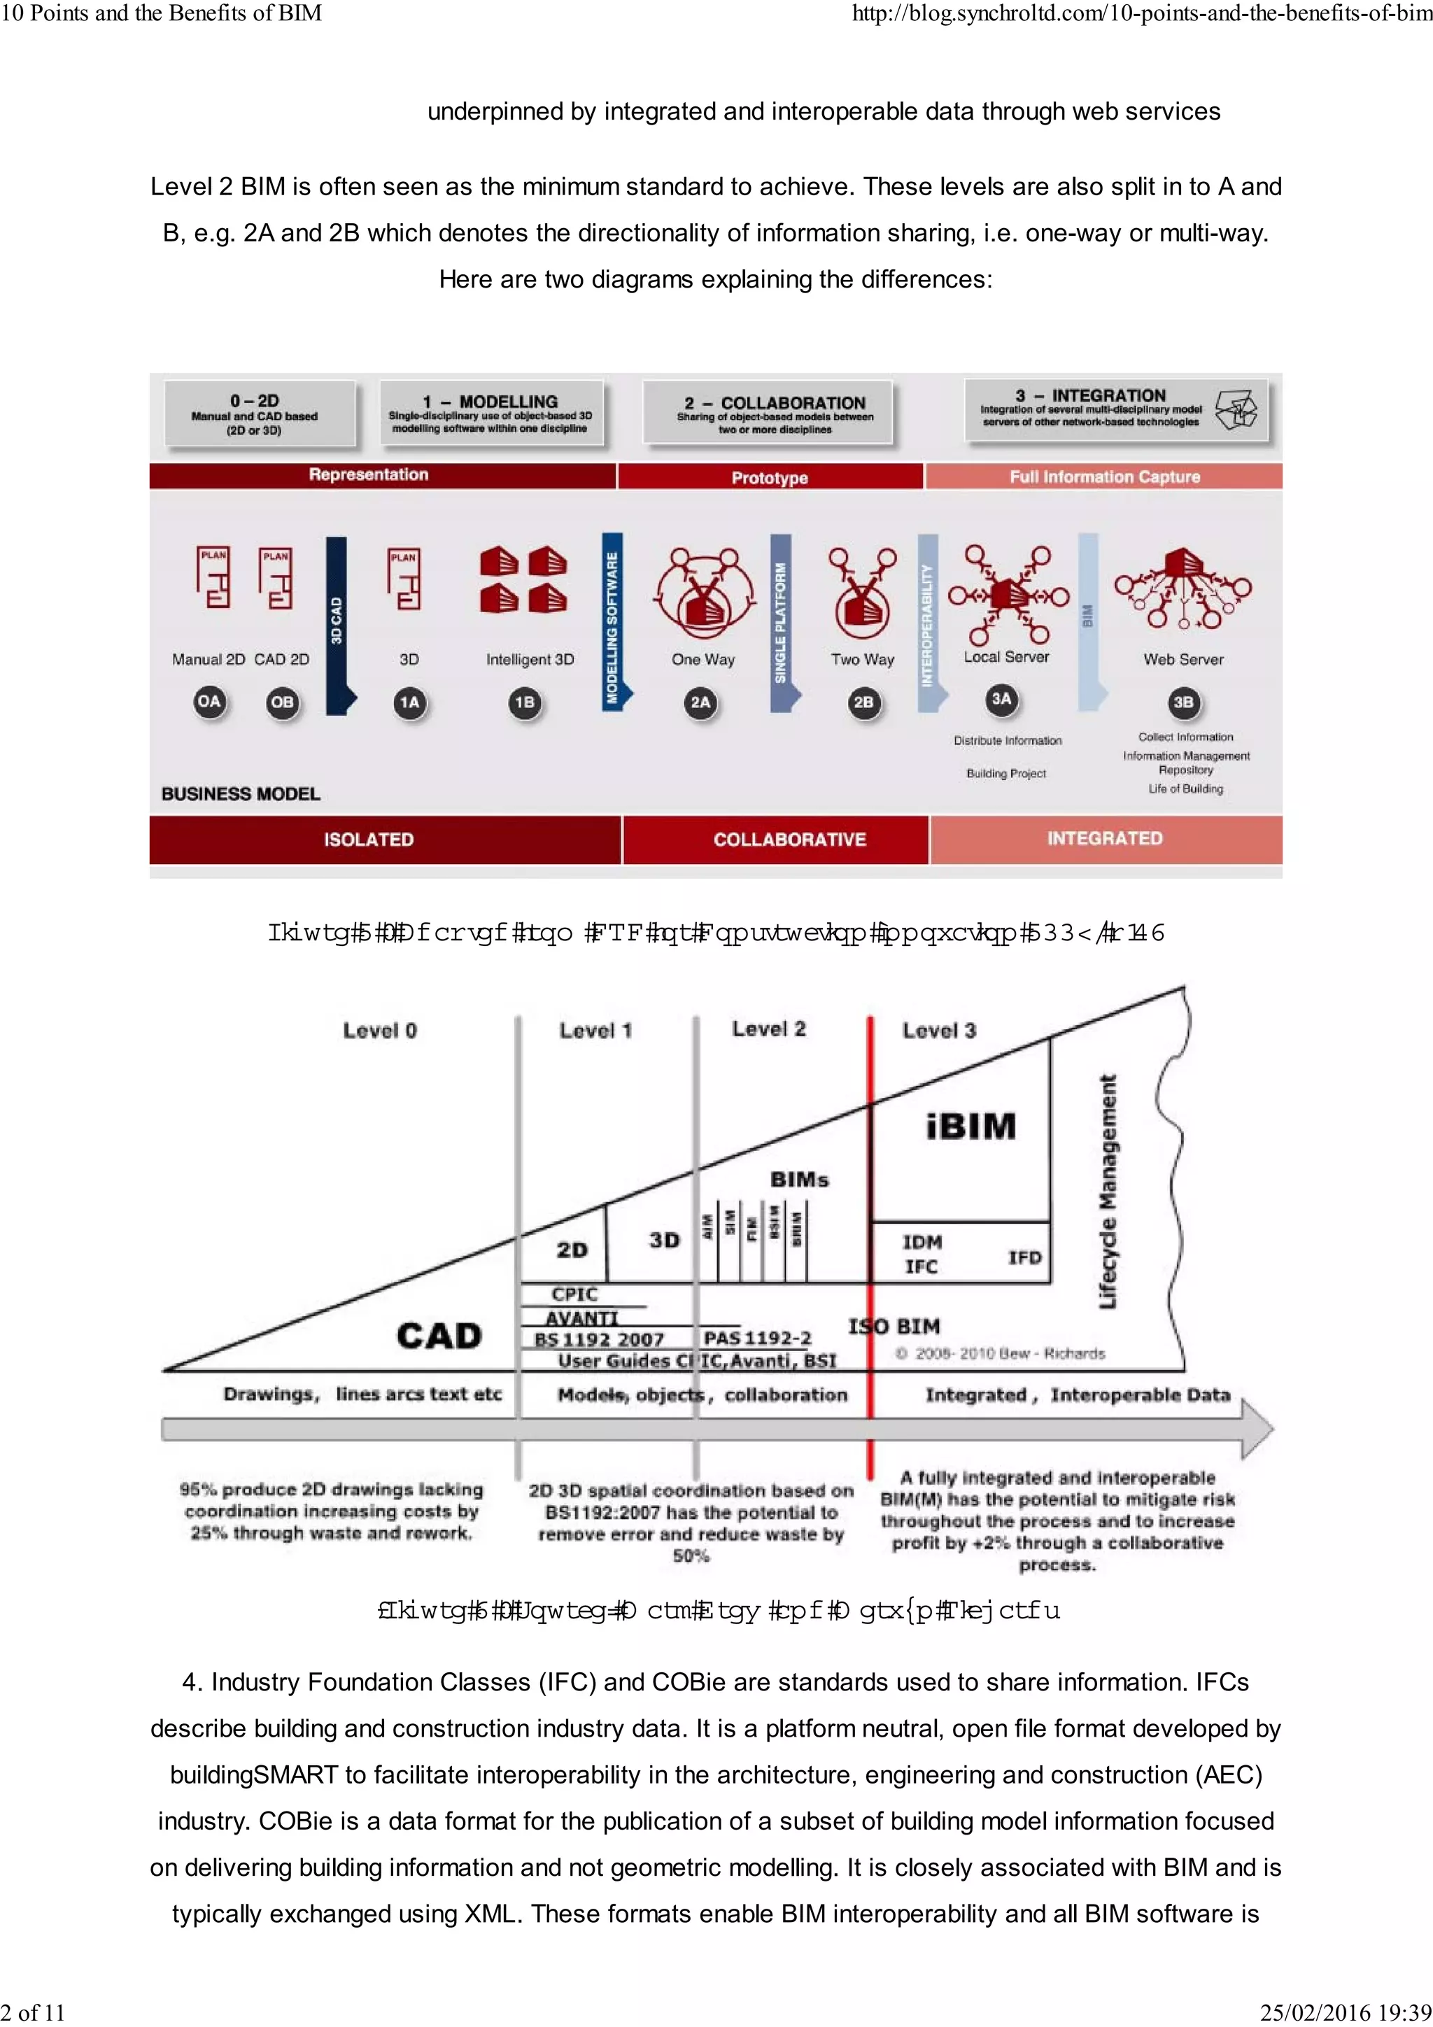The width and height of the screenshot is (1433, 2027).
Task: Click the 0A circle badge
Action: tap(209, 702)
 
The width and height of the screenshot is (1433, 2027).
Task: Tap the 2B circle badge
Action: tap(863, 702)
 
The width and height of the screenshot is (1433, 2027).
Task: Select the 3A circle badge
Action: tap(1001, 699)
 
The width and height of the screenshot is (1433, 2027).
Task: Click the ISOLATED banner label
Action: tap(368, 839)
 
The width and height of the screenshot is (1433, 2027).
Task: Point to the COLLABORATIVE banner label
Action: tap(789, 839)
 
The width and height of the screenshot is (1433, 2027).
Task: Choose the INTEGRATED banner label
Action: tap(1105, 838)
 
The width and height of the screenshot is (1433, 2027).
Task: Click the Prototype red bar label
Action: tap(769, 478)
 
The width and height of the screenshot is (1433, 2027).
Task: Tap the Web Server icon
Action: tap(1183, 588)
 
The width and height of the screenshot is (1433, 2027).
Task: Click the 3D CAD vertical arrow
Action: tap(337, 623)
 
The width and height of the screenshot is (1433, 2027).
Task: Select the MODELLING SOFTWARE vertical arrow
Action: tap(612, 623)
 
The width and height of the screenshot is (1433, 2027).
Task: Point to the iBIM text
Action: tap(970, 1126)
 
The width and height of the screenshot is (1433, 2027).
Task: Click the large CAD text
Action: tap(439, 1334)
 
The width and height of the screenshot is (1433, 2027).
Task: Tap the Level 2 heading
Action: tap(768, 1029)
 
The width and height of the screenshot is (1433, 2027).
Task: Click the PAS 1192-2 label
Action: tap(756, 1338)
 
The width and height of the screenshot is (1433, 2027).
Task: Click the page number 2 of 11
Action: tap(34, 2012)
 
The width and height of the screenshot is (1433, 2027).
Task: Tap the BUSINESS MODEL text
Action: tap(240, 793)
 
